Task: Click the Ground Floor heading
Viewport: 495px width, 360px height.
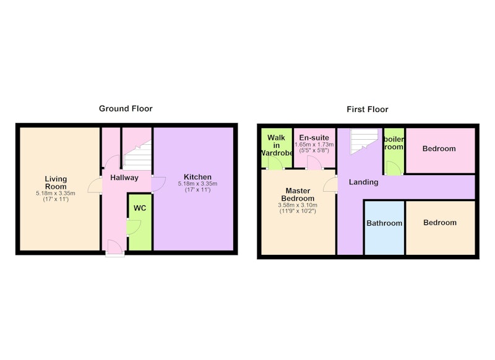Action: [x=126, y=108]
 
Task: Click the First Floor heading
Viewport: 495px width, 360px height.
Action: [x=368, y=109]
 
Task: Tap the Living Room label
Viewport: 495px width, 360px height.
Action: [x=56, y=182]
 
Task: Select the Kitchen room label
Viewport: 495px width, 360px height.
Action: [x=197, y=177]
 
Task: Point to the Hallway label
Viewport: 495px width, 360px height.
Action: [x=124, y=178]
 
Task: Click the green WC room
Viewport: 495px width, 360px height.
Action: [x=140, y=222]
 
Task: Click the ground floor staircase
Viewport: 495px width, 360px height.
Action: [x=137, y=156]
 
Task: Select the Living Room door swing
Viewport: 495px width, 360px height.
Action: [x=95, y=186]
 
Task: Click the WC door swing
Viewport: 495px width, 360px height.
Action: [x=134, y=227]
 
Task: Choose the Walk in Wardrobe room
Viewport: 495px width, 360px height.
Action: [x=277, y=148]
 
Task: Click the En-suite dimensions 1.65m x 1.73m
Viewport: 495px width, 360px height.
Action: [x=314, y=145]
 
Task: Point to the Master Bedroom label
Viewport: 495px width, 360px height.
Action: [x=298, y=194]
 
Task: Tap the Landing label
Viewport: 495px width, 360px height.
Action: [x=363, y=182]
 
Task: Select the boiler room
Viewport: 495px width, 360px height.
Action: [x=394, y=151]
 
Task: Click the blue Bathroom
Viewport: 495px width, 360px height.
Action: [x=384, y=227]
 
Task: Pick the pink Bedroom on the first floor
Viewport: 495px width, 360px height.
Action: [x=440, y=150]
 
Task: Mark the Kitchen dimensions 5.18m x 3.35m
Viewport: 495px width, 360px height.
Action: [x=197, y=184]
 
